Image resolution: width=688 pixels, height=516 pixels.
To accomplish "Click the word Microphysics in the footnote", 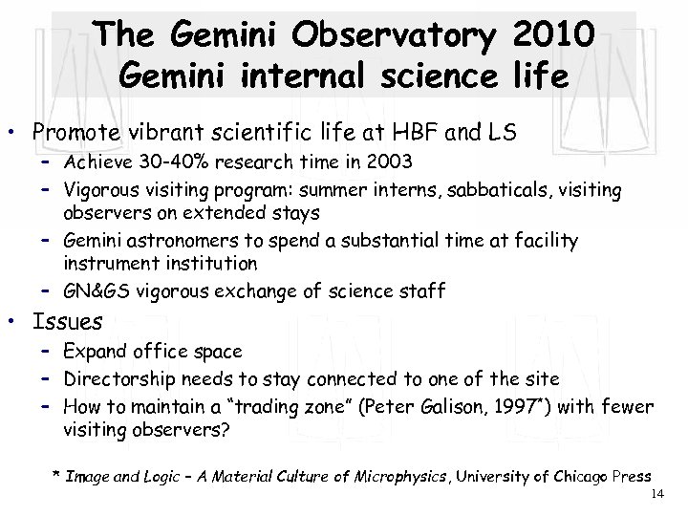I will click(x=369, y=476).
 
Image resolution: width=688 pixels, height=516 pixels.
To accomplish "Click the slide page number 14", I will click(x=656, y=495).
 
